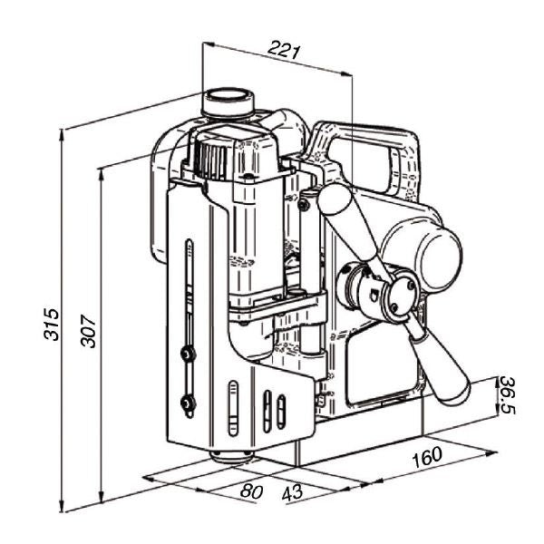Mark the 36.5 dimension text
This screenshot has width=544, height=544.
pos(510,395)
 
